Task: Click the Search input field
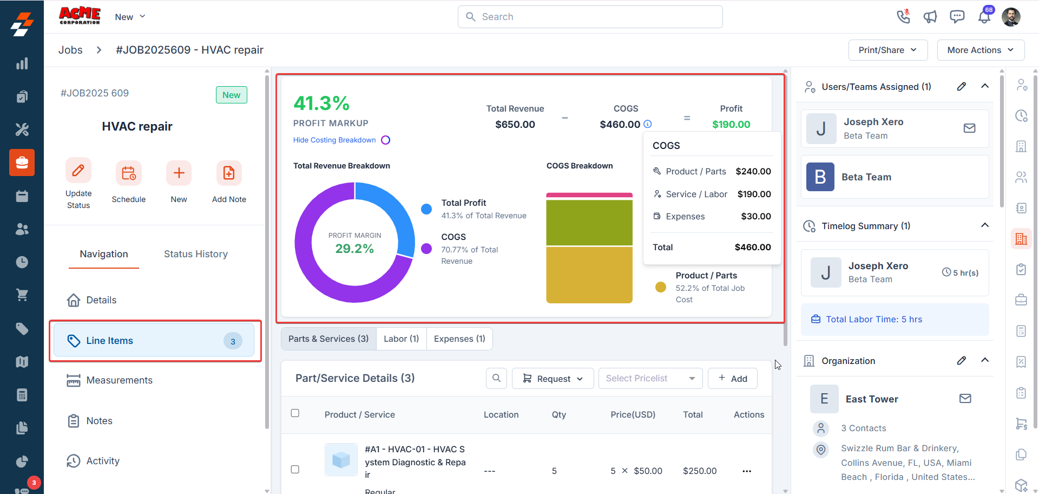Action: click(x=590, y=17)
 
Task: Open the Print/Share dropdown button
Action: click(x=887, y=50)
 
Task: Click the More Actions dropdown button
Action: click(x=980, y=50)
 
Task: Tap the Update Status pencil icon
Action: click(x=78, y=171)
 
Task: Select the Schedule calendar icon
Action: click(x=129, y=173)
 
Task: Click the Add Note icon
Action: click(x=229, y=173)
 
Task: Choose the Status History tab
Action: click(x=195, y=254)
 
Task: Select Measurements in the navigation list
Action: click(x=119, y=380)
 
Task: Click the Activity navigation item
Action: click(x=103, y=461)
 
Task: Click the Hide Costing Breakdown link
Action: click(x=334, y=140)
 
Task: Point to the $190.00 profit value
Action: click(x=731, y=125)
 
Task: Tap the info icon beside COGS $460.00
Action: click(x=648, y=124)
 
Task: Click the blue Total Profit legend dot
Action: click(x=426, y=209)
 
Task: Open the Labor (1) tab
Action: click(x=401, y=339)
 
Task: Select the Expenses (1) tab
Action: click(x=459, y=339)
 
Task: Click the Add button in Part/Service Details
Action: click(x=733, y=379)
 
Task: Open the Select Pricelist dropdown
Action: click(x=650, y=379)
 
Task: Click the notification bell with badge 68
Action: click(x=984, y=17)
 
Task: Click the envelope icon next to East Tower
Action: click(x=965, y=399)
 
